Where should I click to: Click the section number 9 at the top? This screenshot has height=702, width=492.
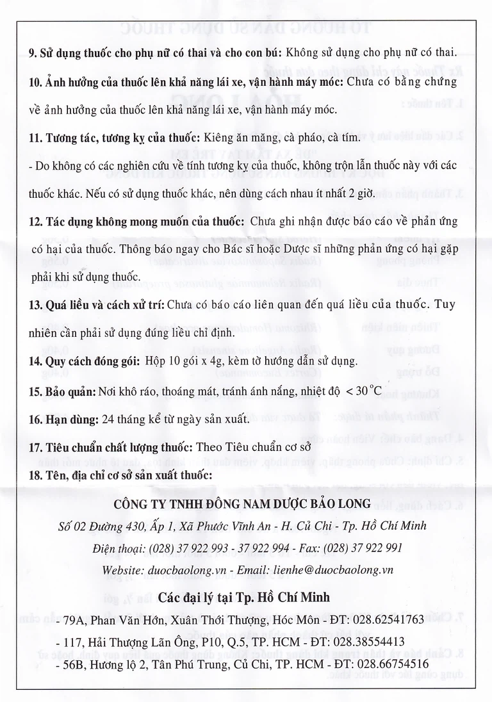coord(32,53)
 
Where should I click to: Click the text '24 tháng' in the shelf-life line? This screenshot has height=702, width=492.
coord(120,419)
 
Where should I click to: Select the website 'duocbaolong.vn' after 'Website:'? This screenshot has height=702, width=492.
coord(184,569)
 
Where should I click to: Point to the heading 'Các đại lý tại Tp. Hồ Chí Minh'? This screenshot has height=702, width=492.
coord(244,597)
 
